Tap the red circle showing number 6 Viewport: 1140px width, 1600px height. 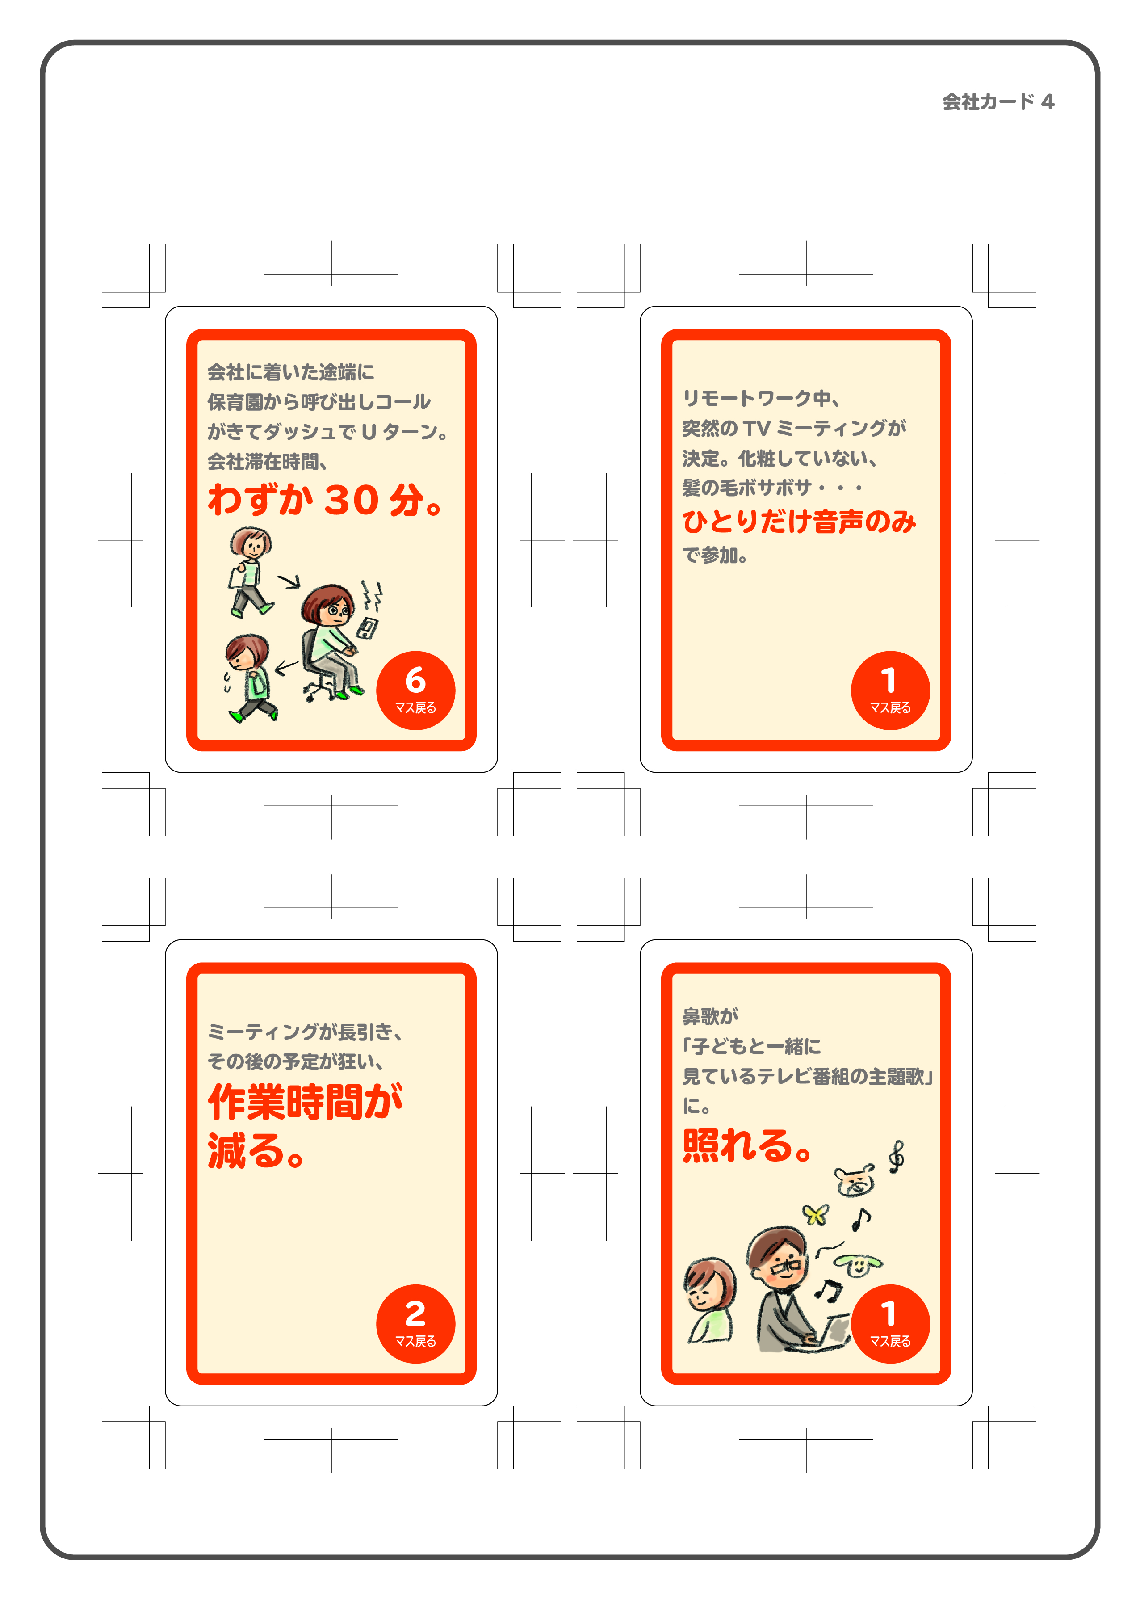tap(415, 691)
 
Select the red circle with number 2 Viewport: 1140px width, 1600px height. tap(415, 1324)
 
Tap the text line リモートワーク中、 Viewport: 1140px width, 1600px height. tap(761, 398)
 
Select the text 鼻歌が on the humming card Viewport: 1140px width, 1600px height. tap(710, 1015)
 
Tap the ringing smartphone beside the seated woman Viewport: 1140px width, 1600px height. tap(367, 627)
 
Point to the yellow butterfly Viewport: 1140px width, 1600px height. tap(816, 1214)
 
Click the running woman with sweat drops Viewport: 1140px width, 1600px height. tap(250, 678)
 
